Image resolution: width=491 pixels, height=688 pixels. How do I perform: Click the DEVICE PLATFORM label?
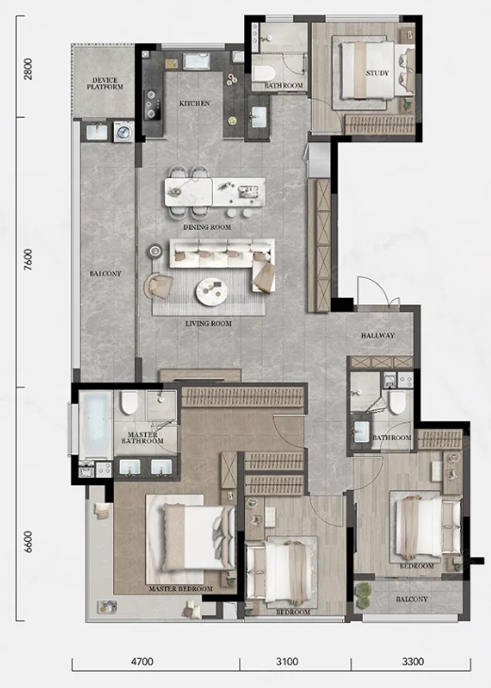105,83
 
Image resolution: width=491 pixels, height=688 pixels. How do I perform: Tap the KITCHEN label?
195,104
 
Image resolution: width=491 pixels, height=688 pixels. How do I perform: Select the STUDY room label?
377,74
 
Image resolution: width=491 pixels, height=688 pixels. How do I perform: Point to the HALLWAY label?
378,336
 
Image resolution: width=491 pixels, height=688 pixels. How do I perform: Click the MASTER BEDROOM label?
180,589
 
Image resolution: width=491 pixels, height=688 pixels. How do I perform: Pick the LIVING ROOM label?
208,324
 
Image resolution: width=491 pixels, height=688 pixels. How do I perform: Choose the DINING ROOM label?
207,227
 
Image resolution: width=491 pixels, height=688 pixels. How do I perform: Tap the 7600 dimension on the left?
28,259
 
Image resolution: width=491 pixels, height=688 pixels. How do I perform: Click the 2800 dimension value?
28,69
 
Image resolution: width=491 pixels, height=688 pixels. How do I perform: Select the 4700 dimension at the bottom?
142,661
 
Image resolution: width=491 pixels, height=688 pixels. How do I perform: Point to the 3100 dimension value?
287,661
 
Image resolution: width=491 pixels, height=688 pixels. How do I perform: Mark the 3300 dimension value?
413,661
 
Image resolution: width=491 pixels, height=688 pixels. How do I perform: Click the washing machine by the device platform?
123,132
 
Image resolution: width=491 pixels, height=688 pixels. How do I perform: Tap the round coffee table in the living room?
211,292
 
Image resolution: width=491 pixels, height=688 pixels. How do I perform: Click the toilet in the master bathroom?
129,402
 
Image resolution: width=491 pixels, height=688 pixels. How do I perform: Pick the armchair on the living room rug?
159,287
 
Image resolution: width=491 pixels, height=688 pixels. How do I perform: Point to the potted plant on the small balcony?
363,596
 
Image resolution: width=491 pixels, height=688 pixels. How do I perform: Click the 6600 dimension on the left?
28,542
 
